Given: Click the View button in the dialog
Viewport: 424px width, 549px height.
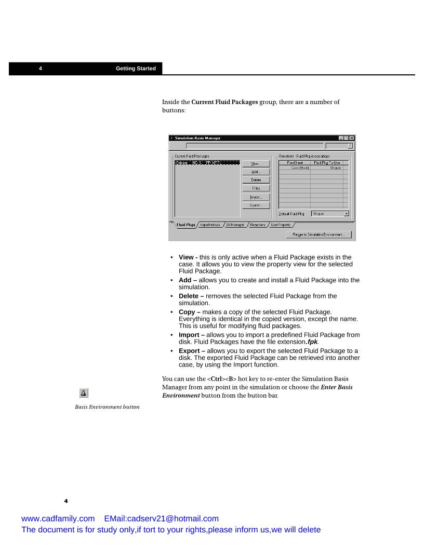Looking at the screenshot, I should click(x=256, y=164).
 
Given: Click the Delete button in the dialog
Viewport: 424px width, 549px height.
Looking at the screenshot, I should click(x=256, y=180).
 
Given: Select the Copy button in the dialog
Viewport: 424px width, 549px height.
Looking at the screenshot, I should click(x=256, y=188).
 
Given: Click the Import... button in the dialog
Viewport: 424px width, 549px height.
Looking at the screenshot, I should click(x=256, y=197).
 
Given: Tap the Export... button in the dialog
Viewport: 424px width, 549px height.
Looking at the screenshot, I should click(x=256, y=205).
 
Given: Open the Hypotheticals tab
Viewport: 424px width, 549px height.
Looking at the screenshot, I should click(x=210, y=225).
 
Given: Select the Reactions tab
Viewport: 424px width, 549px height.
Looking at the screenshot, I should click(x=257, y=225).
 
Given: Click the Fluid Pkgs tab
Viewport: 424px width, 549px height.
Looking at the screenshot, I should click(x=186, y=225).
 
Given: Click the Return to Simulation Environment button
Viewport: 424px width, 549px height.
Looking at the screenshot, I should click(x=319, y=235).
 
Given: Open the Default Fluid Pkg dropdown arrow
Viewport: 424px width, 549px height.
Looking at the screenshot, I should click(x=346, y=213).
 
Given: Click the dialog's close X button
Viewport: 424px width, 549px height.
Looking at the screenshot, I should click(x=352, y=138).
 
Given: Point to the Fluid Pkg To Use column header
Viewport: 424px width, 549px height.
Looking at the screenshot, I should click(x=327, y=163).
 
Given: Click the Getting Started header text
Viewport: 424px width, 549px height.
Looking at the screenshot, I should click(x=136, y=69).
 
